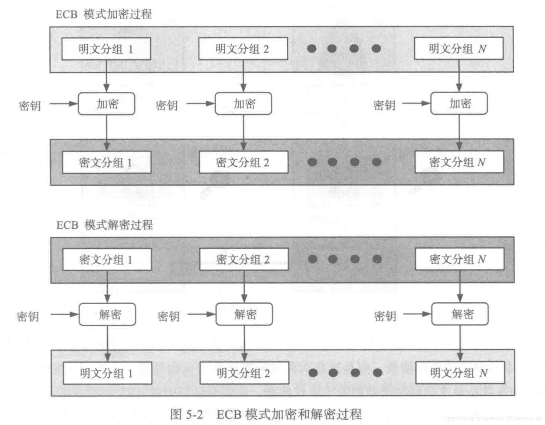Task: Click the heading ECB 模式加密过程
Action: coord(104,14)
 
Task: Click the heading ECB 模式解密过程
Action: coord(104,225)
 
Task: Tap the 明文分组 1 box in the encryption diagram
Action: coord(106,49)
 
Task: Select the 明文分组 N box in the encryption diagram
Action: coord(458,48)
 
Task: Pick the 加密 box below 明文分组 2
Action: coord(243,104)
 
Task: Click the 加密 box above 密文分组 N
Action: coord(459,103)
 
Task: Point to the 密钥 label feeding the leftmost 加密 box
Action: coord(30,106)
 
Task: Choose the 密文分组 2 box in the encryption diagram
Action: coord(244,162)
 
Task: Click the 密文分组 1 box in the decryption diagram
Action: coord(107,259)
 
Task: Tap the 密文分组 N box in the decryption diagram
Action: coord(460,259)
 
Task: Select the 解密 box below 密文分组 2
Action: coord(244,314)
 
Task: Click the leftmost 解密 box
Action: coord(107,314)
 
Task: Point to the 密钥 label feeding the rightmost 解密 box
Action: coord(385,316)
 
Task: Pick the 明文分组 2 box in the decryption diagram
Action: coord(244,373)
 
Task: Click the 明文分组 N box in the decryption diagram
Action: coord(460,373)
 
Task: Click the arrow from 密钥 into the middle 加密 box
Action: coord(200,104)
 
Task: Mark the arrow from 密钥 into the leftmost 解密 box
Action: coord(65,314)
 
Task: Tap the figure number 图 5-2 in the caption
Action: coord(186,414)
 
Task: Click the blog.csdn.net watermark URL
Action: coord(493,418)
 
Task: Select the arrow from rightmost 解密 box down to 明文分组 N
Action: coord(460,343)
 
